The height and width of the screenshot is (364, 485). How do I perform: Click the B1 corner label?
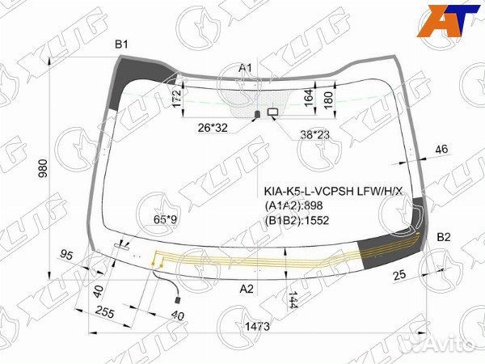pyautogui.click(x=121, y=44)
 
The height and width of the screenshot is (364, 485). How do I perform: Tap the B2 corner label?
pyautogui.click(x=444, y=237)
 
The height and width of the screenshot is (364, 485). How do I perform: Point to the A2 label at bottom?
pyautogui.click(x=247, y=289)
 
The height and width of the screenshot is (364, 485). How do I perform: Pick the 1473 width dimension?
pyautogui.click(x=256, y=326)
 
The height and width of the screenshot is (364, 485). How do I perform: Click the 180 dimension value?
pyautogui.click(x=327, y=99)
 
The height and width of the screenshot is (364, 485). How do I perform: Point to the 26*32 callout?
pyautogui.click(x=213, y=127)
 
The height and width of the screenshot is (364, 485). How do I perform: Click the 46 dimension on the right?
pyautogui.click(x=441, y=149)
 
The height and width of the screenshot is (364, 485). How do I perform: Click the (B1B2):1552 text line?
pyautogui.click(x=302, y=219)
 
